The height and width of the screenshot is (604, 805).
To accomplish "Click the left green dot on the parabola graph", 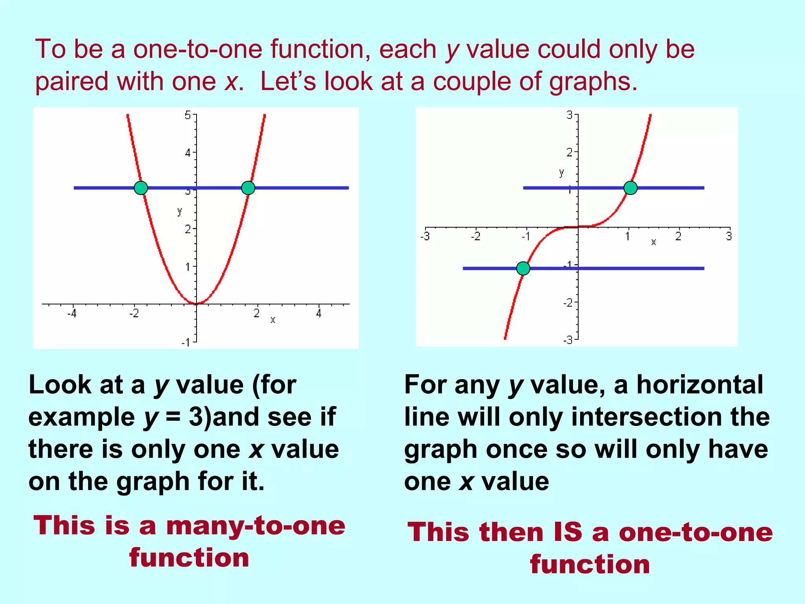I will point(141,188).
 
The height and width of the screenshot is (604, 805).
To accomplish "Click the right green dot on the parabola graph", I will point(248,188).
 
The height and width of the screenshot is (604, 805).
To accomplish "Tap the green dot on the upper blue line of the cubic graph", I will point(630,188).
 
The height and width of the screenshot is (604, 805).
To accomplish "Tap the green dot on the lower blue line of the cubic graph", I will point(523,269).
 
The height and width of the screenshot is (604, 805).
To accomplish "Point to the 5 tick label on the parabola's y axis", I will point(188,116).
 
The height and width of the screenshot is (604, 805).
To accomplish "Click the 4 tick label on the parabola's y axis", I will point(188,153).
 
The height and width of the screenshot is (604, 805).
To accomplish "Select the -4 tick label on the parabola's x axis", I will point(72,314).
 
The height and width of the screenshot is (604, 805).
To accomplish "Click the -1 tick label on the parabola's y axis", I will point(186,343).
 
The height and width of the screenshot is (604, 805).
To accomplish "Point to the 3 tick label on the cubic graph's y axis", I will point(570,115).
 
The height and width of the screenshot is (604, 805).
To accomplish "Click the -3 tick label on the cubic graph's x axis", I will point(425,237).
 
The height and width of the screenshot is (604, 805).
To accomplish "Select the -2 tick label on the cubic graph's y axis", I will point(568,303).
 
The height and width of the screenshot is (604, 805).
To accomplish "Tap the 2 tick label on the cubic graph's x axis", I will point(678,237).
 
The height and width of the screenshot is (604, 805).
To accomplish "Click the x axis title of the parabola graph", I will point(273,320).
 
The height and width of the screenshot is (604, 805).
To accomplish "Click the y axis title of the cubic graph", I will point(561,173).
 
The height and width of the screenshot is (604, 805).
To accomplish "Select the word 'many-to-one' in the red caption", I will point(255,526).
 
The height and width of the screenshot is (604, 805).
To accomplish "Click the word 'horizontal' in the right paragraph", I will point(700,385).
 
